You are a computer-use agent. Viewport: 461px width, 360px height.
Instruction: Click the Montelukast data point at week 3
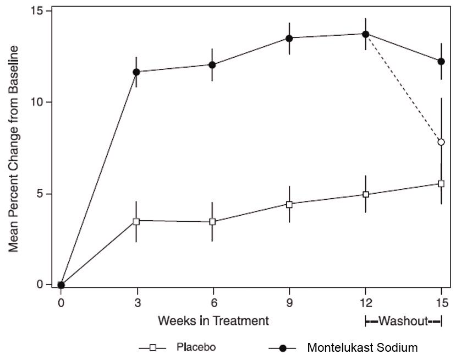pyautogui.click(x=136, y=72)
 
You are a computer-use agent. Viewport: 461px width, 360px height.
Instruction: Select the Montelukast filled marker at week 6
pyautogui.click(x=212, y=65)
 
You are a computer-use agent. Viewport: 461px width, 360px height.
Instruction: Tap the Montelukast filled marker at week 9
pyautogui.click(x=289, y=38)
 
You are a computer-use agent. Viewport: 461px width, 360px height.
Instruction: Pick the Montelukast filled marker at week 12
pyautogui.click(x=365, y=34)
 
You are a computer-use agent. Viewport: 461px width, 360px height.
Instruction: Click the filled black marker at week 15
pyautogui.click(x=441, y=61)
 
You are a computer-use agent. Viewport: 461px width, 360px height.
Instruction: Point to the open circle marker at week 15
pyautogui.click(x=441, y=142)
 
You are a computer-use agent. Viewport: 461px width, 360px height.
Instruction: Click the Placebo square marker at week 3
pyautogui.click(x=136, y=221)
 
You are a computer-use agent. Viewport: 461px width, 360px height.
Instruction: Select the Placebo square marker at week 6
pyautogui.click(x=212, y=222)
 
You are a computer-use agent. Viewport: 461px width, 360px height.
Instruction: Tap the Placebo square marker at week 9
pyautogui.click(x=289, y=204)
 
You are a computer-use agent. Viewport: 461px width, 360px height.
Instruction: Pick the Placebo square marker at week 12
pyautogui.click(x=365, y=194)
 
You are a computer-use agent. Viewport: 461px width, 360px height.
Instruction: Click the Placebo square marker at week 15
pyautogui.click(x=441, y=183)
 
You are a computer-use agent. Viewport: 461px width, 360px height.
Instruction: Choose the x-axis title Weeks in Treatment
pyautogui.click(x=213, y=320)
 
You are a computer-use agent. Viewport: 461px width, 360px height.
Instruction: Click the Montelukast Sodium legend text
pyautogui.click(x=363, y=348)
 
